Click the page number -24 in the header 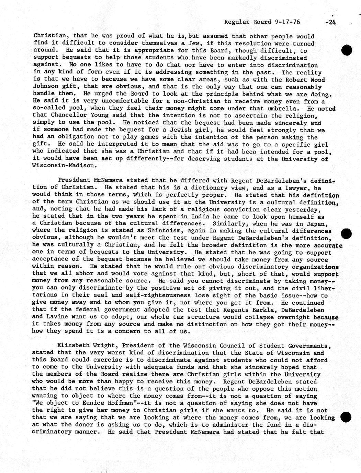330,22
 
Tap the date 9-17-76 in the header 287,22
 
